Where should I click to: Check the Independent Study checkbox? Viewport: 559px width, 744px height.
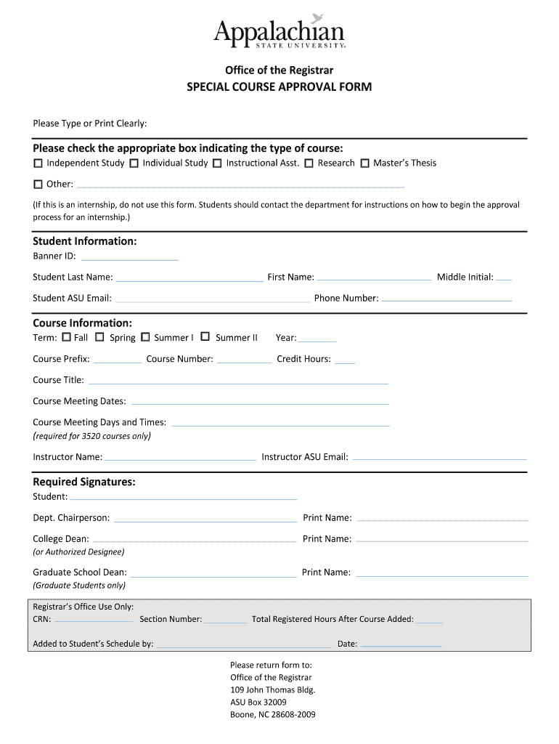pos(38,163)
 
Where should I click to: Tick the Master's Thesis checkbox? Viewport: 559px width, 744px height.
pos(365,163)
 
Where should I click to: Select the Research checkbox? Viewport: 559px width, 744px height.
pos(309,163)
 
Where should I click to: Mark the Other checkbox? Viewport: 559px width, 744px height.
pos(38,185)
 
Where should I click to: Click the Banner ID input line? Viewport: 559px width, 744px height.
pos(129,258)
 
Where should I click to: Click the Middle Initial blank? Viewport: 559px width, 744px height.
pos(504,278)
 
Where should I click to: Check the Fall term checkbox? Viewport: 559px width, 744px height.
pos(67,337)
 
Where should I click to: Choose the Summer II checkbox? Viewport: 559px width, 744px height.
pos(205,337)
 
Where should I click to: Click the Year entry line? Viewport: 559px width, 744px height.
pos(317,339)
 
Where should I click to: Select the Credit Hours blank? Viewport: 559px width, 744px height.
pos(346,360)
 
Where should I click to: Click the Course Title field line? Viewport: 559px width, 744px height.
pos(237,381)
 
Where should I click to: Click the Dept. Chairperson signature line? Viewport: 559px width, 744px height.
pos(205,519)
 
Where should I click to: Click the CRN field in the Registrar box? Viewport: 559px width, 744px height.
pos(93,621)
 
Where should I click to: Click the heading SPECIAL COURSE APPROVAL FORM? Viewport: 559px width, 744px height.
pos(279,87)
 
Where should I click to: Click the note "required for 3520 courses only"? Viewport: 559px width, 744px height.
pos(91,437)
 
